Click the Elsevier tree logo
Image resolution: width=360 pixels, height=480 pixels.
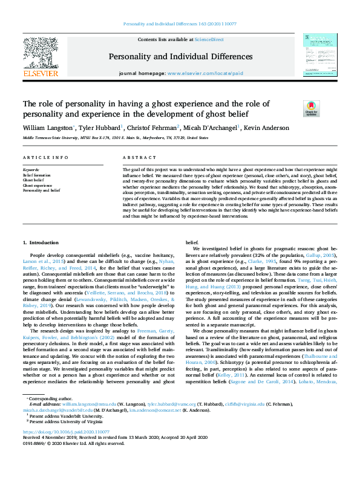click(x=40, y=53)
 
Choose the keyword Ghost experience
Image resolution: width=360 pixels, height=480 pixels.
click(x=38, y=185)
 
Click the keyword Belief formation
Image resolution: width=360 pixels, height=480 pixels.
click(x=38, y=175)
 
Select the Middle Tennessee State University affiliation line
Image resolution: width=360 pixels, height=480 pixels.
click(x=111, y=138)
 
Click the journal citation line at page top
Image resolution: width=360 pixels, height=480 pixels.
click(x=180, y=24)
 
